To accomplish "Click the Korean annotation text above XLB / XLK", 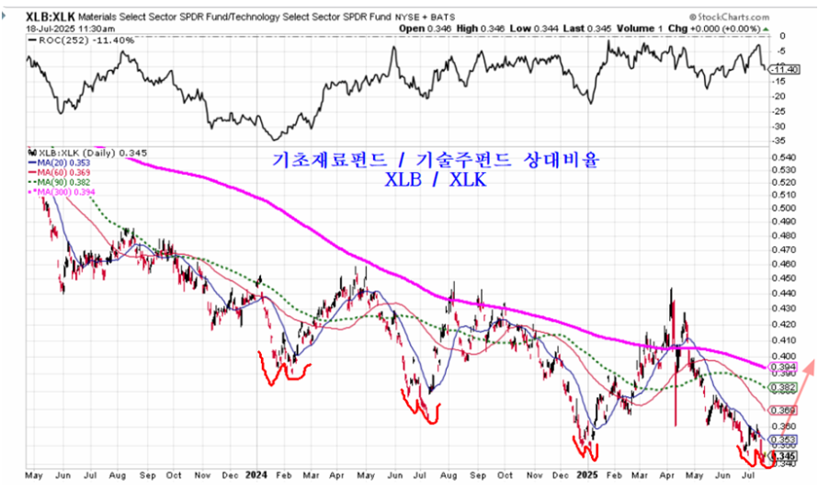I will (x=437, y=159).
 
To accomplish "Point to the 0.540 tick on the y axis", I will (x=784, y=158).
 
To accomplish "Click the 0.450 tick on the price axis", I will (x=784, y=277).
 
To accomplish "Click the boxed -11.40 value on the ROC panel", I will (x=782, y=69).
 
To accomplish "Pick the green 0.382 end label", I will (x=782, y=388).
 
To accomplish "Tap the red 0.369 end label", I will (x=783, y=410).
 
